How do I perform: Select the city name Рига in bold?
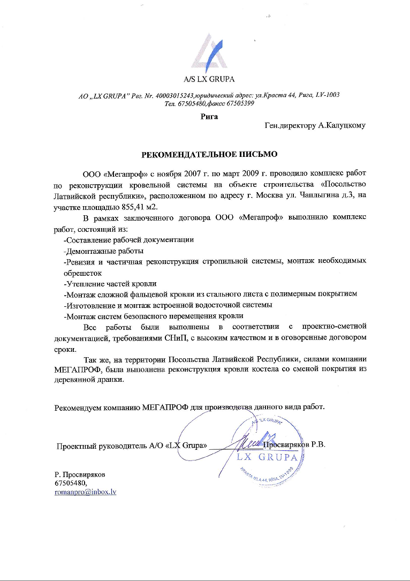209,116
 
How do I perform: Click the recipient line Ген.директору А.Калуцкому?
315,126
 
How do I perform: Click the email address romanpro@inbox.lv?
86,492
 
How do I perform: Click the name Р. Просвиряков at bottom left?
80,474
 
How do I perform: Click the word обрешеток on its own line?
83,273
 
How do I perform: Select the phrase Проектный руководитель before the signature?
98,445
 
